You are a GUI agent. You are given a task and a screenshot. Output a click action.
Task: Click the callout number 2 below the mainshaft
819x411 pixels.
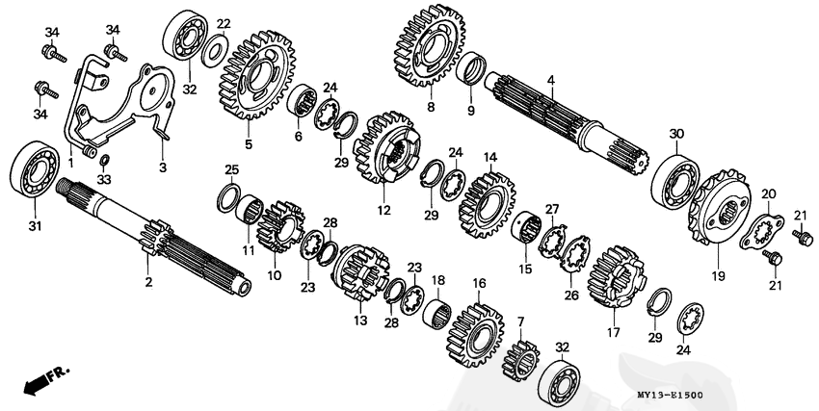(147, 282)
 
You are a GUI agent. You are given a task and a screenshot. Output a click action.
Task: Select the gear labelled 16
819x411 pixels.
(477, 330)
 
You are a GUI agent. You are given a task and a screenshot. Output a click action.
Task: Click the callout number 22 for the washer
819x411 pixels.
(224, 24)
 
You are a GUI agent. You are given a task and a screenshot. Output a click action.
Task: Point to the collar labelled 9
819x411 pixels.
(473, 70)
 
